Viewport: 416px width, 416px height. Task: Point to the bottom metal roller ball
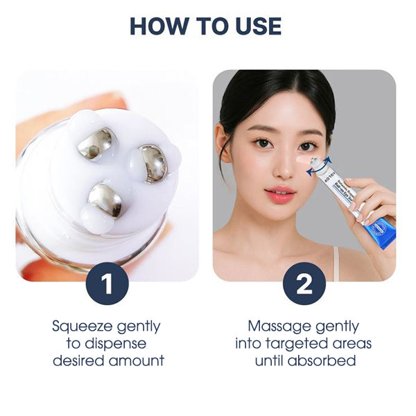click(x=105, y=200)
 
